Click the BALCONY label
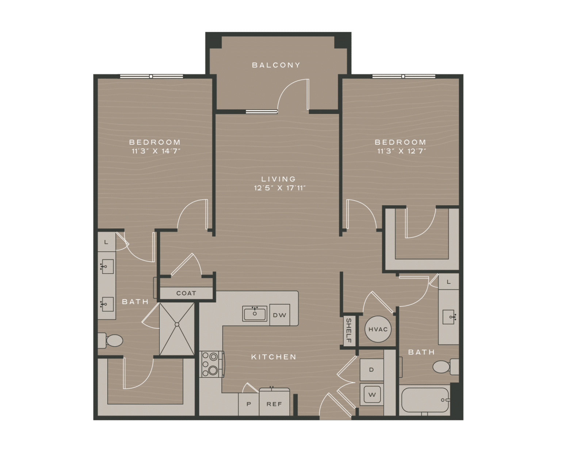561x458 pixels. point(276,65)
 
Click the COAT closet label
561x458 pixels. point(186,293)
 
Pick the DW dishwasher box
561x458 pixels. point(279,315)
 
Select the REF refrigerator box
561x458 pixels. point(274,404)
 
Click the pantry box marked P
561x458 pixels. point(249,404)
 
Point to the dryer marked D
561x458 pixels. point(371,370)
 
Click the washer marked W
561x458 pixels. point(371,394)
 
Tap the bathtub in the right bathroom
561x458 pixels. point(424,400)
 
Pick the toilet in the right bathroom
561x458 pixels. point(445,366)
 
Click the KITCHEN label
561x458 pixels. point(274,357)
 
